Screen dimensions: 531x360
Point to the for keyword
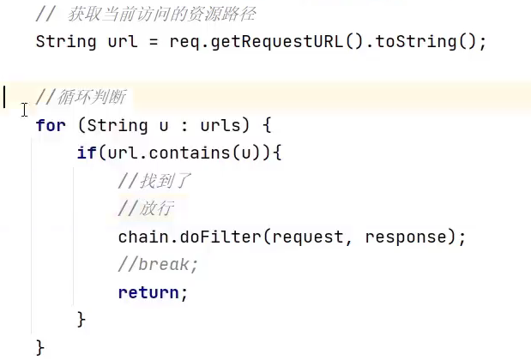(x=51, y=125)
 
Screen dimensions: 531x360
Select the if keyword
(x=87, y=153)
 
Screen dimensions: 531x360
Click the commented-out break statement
(x=159, y=265)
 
